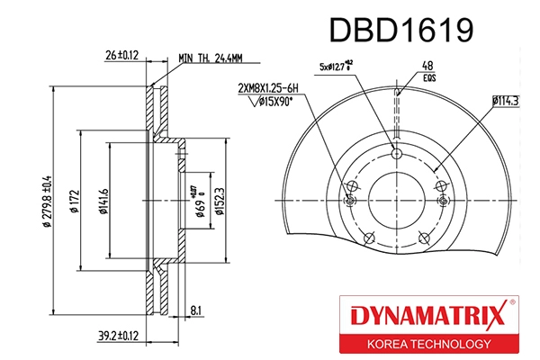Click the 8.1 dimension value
click(197, 311)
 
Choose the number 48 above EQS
click(428, 66)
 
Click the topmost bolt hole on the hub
click(395, 152)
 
